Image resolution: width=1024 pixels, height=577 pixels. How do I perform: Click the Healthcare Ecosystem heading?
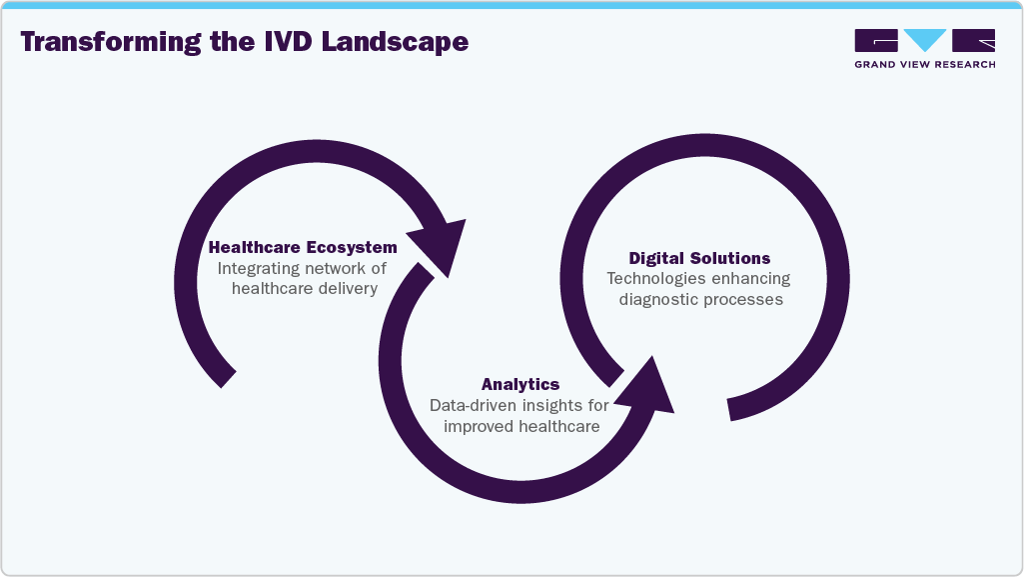(302, 247)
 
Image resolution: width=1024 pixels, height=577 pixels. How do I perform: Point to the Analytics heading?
(519, 384)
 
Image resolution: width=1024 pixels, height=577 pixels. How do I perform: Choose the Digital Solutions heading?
(699, 258)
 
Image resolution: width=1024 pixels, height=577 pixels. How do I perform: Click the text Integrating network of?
(302, 268)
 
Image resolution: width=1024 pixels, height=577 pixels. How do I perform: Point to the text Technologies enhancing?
(698, 279)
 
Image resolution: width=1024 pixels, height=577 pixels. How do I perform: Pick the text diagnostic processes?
(698, 299)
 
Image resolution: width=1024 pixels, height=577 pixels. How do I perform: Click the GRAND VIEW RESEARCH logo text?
(924, 65)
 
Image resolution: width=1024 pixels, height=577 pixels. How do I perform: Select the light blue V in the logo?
(925, 40)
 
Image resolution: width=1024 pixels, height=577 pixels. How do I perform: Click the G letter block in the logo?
(876, 40)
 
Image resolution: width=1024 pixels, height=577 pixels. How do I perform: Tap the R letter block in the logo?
(973, 40)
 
